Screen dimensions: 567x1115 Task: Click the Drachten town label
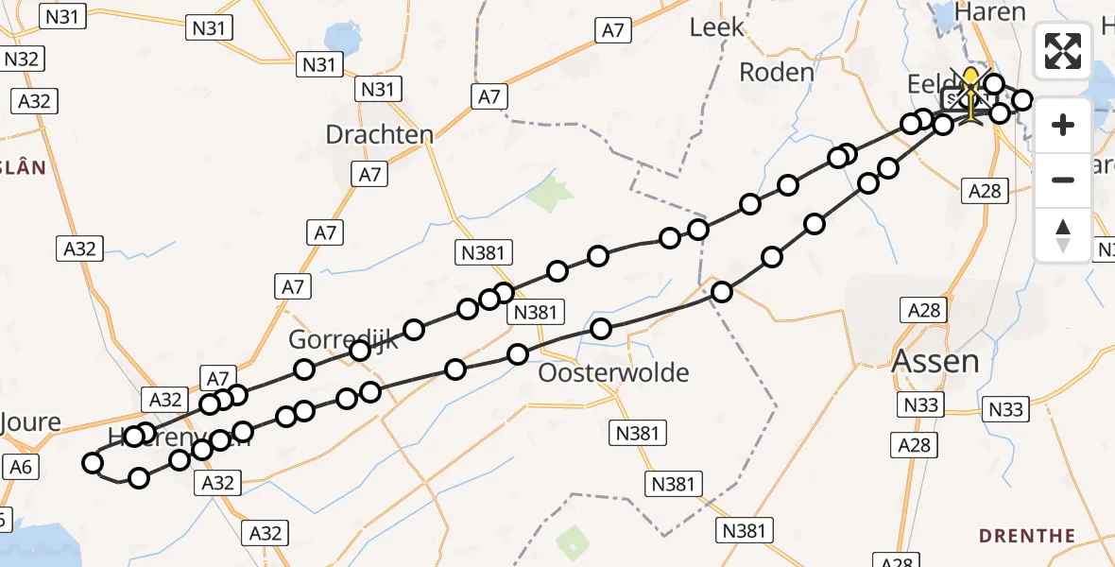coord(379,134)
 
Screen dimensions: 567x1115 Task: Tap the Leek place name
coord(717,27)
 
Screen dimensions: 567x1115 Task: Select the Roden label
coord(776,72)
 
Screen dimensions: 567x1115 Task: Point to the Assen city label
coord(935,361)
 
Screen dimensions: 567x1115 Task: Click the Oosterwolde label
coord(613,372)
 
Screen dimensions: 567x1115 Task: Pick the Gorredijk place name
coord(343,340)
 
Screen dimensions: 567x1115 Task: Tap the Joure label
coord(30,422)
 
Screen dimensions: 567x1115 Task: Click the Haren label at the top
coord(990,12)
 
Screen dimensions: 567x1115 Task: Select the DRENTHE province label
coord(1027,536)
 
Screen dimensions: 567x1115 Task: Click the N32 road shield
coord(21,59)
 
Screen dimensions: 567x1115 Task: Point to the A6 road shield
coord(20,466)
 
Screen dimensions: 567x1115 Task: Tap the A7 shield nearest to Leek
coord(613,30)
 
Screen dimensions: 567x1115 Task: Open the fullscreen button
coord(1063,51)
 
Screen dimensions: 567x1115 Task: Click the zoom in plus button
coord(1063,125)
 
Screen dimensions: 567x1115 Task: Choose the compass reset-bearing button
coord(1063,234)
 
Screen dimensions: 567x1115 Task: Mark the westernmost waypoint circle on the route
coord(93,463)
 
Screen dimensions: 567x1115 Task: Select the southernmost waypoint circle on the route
coord(139,478)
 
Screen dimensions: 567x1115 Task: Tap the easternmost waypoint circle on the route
coord(1021,99)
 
